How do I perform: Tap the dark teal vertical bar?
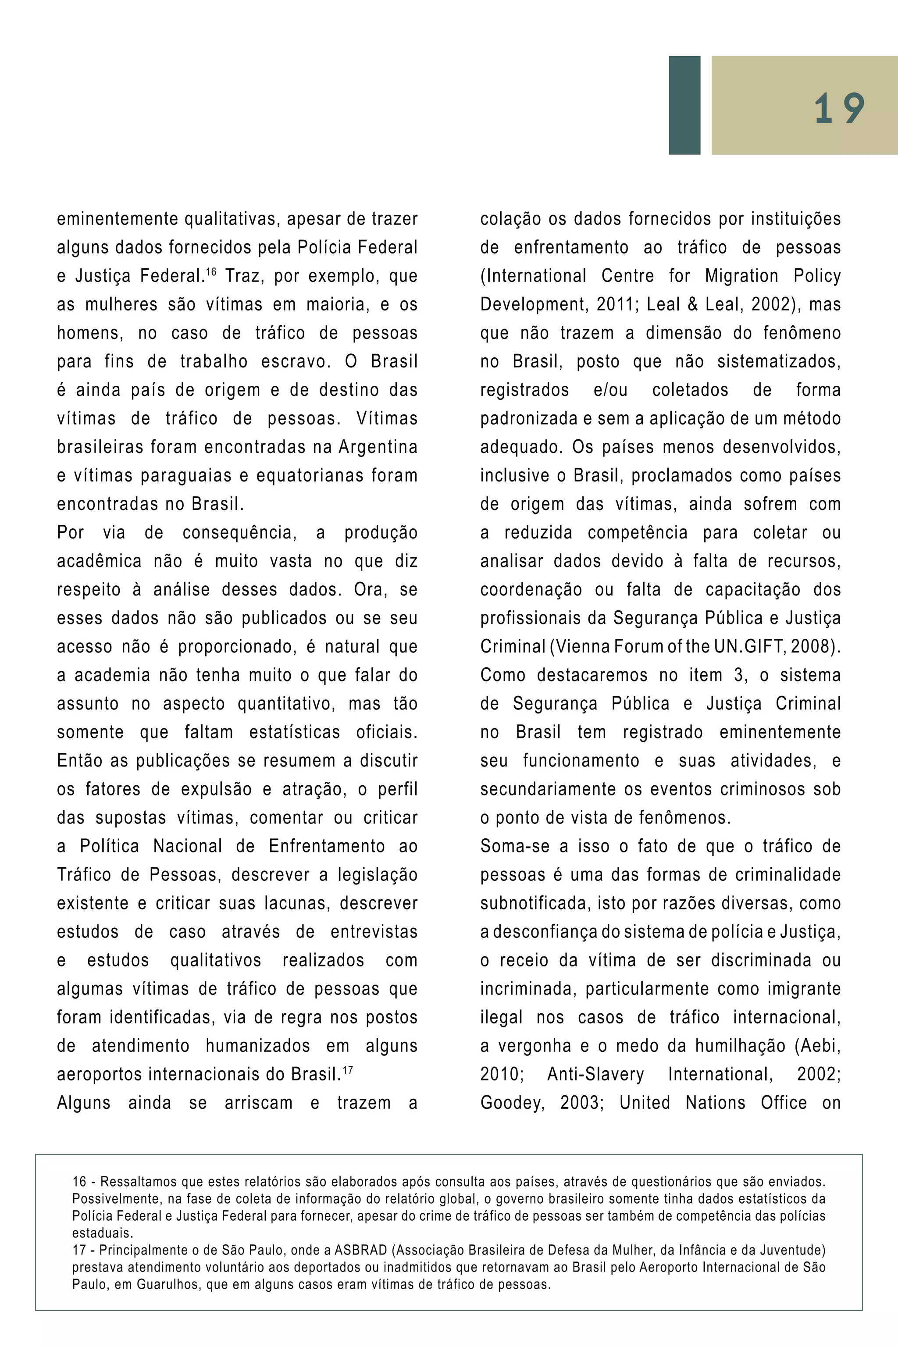[684, 105]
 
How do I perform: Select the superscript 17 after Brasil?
[347, 1068]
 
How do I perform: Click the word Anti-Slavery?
[595, 1074]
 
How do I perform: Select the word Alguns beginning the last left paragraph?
[84, 1103]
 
